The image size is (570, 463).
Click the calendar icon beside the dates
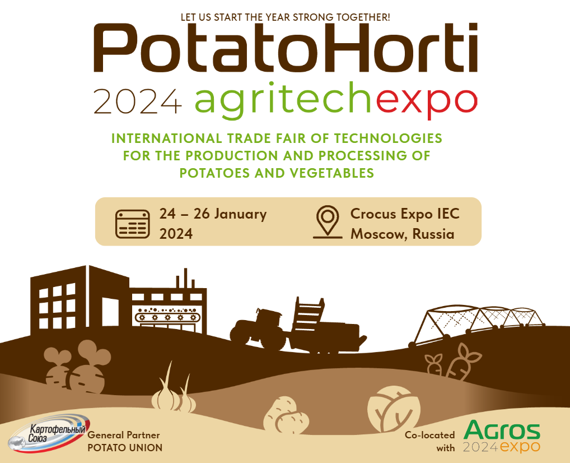click(132, 224)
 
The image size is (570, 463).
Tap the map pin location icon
click(328, 222)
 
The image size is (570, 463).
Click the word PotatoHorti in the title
click(286, 49)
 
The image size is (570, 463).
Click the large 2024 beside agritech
click(138, 101)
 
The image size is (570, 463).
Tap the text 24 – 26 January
click(213, 214)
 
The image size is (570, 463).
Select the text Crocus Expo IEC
click(405, 214)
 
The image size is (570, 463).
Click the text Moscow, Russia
click(402, 234)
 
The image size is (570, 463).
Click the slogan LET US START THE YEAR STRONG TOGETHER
click(285, 17)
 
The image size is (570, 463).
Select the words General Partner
click(124, 436)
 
